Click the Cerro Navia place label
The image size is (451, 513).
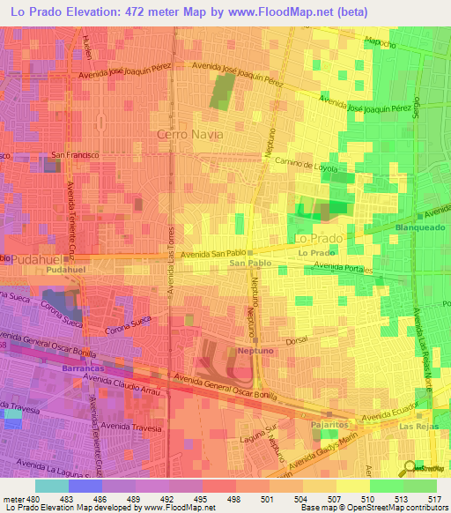tap(189, 134)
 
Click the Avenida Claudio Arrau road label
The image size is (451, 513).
tap(122, 385)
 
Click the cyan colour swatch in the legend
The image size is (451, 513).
tap(52, 486)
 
